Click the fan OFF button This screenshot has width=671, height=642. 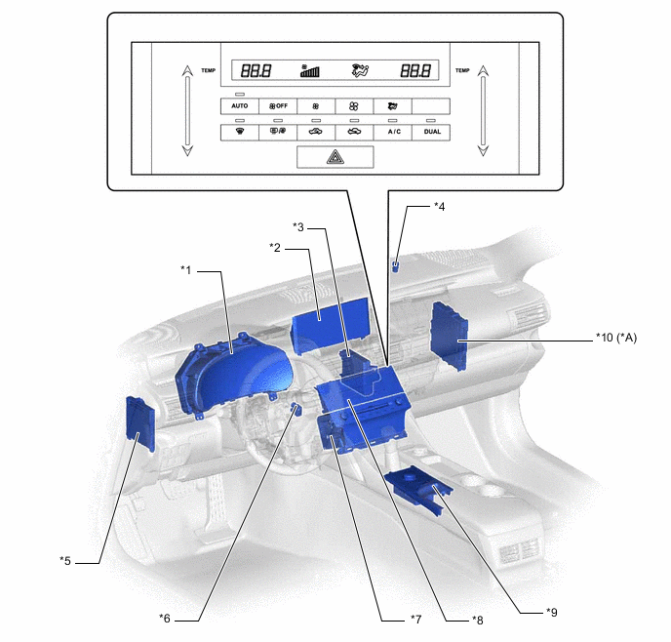278,106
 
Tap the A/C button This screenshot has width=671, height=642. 393,132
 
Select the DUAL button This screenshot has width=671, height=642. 431,132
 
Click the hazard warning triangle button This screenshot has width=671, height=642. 335,157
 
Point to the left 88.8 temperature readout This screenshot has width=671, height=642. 256,70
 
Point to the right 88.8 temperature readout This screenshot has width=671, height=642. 415,70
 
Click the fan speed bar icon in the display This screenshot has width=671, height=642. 309,70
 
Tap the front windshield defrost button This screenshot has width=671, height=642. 240,132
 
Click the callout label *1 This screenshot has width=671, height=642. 185,270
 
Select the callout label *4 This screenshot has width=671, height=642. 440,207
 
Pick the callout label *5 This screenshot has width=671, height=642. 65,561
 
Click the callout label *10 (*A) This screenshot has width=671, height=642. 616,338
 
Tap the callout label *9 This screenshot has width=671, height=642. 552,613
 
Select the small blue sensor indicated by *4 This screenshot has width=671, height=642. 396,267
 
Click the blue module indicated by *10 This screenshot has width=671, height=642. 450,336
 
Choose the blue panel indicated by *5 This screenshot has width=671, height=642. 139,423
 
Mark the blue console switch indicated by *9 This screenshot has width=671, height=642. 418,488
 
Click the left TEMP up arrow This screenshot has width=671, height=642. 187,71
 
